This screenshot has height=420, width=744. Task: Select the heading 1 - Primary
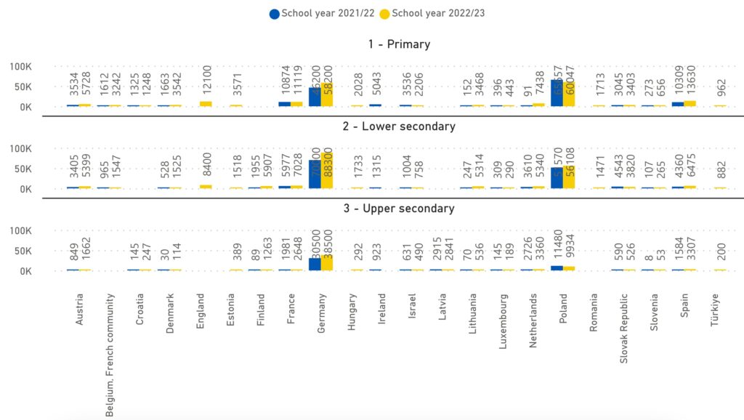(399, 44)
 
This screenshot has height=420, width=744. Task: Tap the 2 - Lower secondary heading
(399, 126)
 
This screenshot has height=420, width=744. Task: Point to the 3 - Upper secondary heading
(399, 209)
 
